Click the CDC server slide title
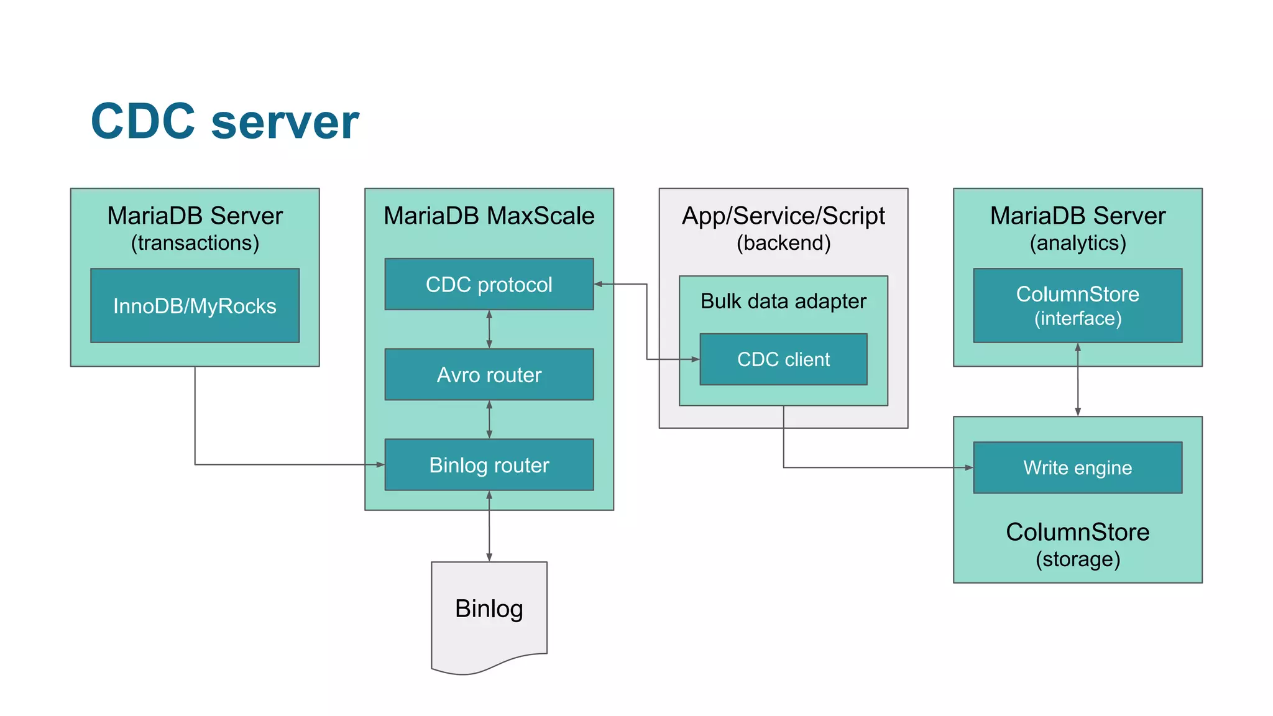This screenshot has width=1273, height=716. (224, 121)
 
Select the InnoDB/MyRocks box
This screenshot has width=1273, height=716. (195, 306)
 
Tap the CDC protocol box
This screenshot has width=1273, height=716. (489, 284)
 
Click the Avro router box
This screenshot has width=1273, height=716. (489, 374)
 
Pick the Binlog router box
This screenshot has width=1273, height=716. (489, 465)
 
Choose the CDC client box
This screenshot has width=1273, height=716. (783, 359)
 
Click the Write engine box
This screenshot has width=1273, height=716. (1077, 467)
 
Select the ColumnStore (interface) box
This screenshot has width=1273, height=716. (1077, 306)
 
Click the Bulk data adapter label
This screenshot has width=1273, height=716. (783, 301)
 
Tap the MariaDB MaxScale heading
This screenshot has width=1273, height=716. (489, 216)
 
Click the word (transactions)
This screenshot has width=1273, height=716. (195, 242)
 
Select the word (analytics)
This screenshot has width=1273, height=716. (1077, 242)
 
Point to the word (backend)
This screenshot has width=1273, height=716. (783, 242)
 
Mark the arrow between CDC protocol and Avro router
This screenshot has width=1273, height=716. (489, 329)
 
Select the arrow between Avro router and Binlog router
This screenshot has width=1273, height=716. (489, 420)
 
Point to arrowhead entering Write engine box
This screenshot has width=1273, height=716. (968, 467)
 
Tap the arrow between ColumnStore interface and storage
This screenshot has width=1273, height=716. (1078, 380)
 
